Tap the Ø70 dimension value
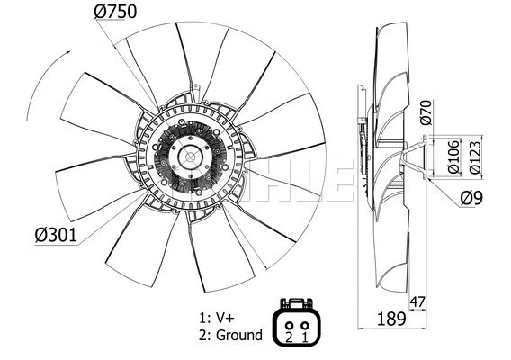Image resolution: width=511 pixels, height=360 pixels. (x=427, y=112)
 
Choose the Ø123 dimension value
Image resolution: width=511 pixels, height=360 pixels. (x=476, y=156)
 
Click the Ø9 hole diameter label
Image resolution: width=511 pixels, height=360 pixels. (x=472, y=199)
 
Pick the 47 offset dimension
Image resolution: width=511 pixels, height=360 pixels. (x=416, y=303)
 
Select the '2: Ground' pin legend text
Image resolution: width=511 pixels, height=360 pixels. (x=231, y=336)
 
